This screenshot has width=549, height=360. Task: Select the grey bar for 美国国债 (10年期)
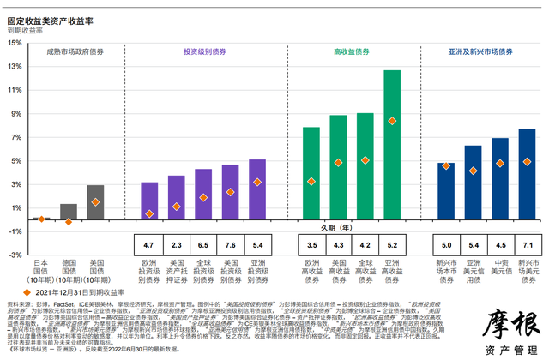96,203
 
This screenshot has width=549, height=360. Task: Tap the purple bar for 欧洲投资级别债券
149,201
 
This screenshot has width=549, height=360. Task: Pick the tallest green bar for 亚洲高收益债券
392,146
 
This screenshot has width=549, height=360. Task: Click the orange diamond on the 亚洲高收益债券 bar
392,121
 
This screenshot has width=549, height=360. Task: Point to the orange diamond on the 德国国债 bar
69,222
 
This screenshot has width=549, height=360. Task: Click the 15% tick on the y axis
15,66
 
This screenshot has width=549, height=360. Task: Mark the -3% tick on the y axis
15,255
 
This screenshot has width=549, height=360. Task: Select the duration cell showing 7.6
230,246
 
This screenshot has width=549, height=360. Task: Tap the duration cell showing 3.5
311,246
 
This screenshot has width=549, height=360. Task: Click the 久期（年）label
336,228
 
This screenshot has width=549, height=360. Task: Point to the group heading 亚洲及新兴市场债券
476,52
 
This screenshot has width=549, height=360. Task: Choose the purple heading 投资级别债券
203,52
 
